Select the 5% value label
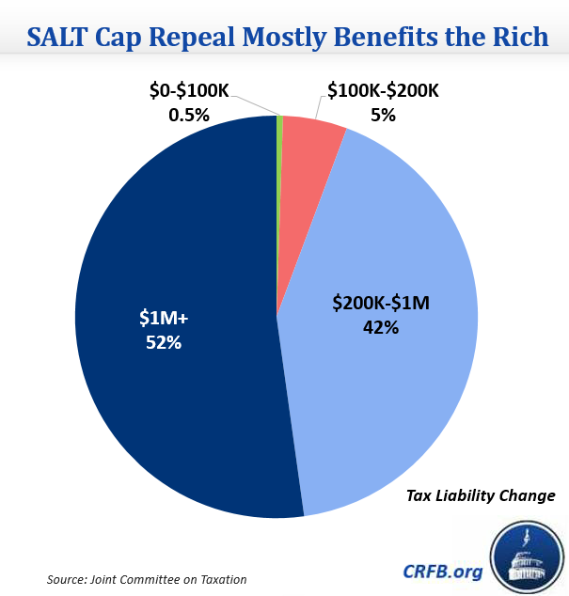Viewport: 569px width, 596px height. pyautogui.click(x=383, y=116)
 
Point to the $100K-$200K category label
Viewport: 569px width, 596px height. pyautogui.click(x=383, y=92)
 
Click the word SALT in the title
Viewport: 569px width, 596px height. pyautogui.click(x=62, y=38)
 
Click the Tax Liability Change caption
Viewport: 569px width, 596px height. pyautogui.click(x=481, y=495)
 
